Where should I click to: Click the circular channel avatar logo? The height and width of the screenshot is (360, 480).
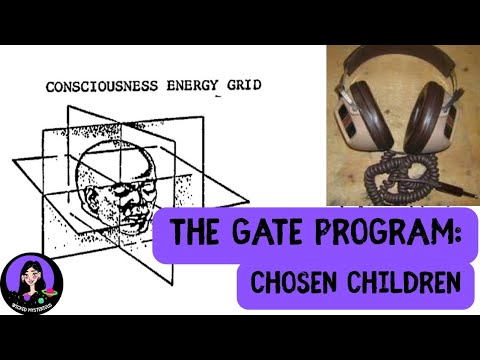click(34, 281)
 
